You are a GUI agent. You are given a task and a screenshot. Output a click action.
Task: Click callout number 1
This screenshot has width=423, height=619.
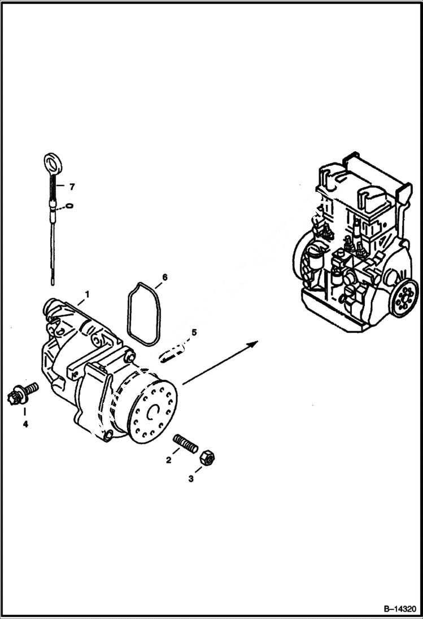[x=87, y=294]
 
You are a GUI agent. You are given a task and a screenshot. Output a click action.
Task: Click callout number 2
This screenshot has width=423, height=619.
[x=168, y=460]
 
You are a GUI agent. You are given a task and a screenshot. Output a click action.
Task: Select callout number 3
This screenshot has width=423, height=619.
[x=191, y=478]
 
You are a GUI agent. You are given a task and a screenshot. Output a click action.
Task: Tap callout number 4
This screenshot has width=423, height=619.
[x=25, y=424]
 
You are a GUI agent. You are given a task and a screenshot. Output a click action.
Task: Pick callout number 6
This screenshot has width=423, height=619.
[x=164, y=277]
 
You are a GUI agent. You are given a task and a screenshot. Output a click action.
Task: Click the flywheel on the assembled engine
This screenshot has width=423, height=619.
[x=404, y=297]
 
